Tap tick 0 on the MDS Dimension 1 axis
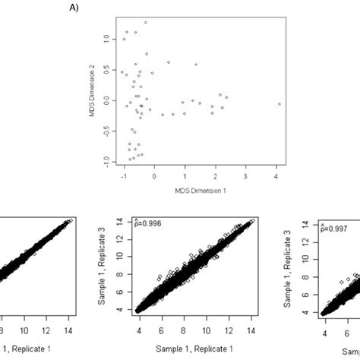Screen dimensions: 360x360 click(153, 176)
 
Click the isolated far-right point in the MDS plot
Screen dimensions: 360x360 click(279, 103)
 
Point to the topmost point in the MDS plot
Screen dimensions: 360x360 click(145, 23)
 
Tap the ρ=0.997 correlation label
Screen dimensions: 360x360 click(336, 227)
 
